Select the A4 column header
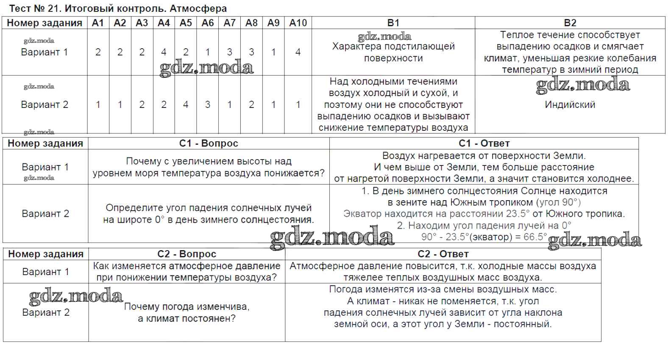tap(164, 23)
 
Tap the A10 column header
tap(298, 23)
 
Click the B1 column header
tap(393, 23)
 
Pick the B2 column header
tap(570, 23)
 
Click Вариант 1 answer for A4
tap(164, 52)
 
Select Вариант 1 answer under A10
tap(298, 52)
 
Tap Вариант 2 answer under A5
tap(186, 105)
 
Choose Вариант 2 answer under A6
tap(208, 105)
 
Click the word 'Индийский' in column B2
tap(570, 105)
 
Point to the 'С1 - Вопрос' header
tap(209, 143)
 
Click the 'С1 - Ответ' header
tap(484, 143)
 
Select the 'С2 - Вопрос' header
tap(187, 254)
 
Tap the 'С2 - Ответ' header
tap(443, 254)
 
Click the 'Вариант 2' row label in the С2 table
tap(46, 312)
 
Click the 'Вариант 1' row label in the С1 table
tap(45, 167)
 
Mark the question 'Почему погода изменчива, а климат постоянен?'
tap(187, 312)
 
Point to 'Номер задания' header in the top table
tap(45, 23)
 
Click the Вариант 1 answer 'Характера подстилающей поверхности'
tap(393, 52)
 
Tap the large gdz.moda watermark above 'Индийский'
tap(582, 85)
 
